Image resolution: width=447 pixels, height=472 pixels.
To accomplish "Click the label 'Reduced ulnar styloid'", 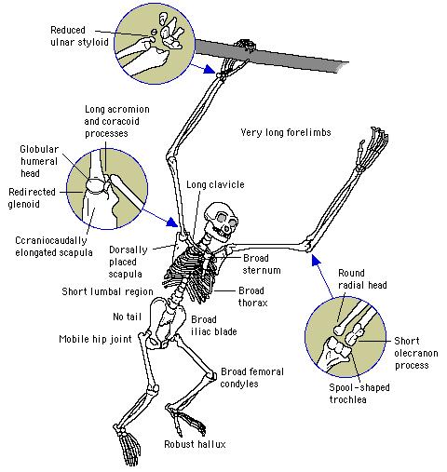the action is tap(79, 36).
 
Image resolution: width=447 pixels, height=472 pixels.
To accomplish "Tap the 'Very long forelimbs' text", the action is tap(286, 132).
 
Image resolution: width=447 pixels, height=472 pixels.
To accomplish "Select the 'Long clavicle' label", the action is tap(215, 184).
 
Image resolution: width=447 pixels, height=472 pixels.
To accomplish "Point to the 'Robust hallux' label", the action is tap(195, 444).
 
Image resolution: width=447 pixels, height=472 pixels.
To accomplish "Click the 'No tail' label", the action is tap(127, 317).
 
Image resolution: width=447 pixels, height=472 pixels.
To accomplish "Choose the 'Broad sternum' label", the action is tap(262, 264).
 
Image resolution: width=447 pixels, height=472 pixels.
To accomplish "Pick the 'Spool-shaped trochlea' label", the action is tap(359, 393).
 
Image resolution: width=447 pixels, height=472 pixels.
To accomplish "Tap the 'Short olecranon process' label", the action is tap(416, 353).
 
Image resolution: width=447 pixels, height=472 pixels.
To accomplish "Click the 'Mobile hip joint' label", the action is tap(95, 339).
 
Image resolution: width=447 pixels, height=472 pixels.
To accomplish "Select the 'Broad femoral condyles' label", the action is tap(251, 377).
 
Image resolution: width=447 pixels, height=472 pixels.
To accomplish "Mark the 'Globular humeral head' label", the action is tap(39, 161).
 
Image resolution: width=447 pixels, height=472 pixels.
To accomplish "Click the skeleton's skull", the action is tap(221, 222).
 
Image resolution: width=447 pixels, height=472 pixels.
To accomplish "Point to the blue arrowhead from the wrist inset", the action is tap(209, 70).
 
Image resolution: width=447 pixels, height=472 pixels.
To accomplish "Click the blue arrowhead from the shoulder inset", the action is tap(171, 222).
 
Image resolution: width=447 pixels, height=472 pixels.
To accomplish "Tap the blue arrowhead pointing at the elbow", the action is tap(316, 260).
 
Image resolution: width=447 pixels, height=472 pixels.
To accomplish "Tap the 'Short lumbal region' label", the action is tap(107, 291).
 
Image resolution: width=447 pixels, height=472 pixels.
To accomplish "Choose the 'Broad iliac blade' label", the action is tap(214, 325).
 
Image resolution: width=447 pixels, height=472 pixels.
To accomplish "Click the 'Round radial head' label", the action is tap(362, 279).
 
